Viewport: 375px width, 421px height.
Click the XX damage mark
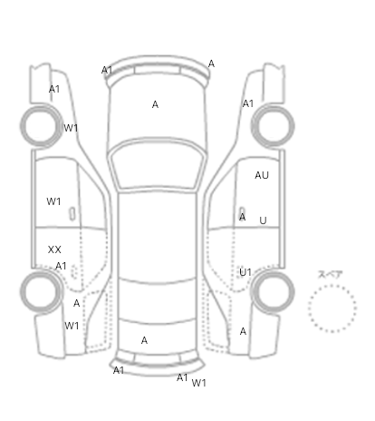tap(54, 250)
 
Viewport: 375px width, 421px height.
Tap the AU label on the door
tap(262, 175)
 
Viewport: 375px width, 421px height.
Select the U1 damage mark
tap(245, 272)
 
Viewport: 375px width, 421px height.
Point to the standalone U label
tap(263, 220)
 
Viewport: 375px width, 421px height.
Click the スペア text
tap(331, 275)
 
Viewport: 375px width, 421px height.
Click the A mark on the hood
tap(155, 104)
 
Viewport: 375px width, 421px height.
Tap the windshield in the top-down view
tap(157, 165)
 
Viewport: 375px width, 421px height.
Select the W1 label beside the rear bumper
tap(198, 383)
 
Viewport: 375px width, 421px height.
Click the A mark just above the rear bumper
tap(144, 340)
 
